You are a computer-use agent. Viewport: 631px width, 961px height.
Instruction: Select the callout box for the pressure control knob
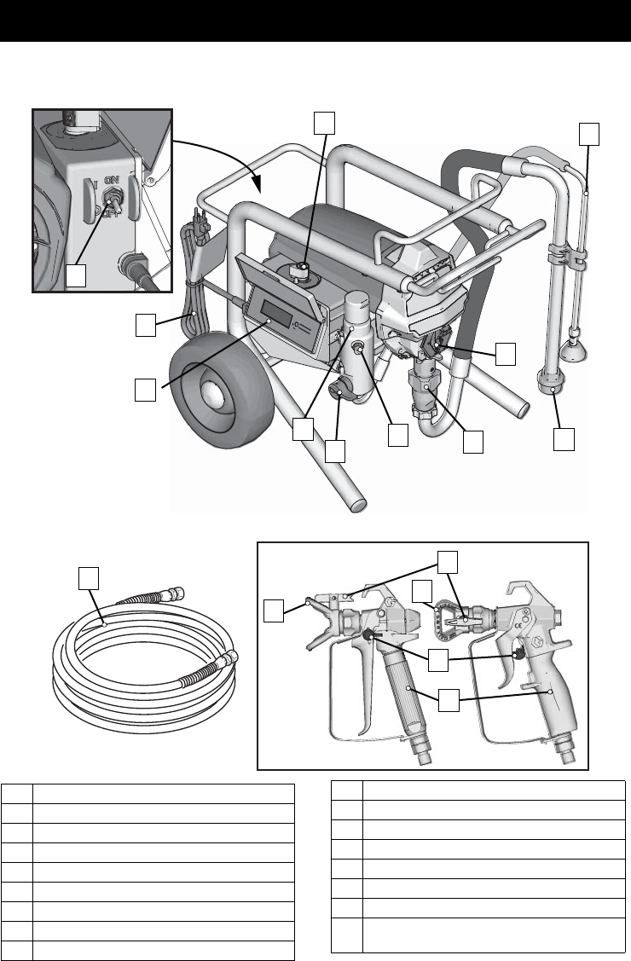click(322, 124)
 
